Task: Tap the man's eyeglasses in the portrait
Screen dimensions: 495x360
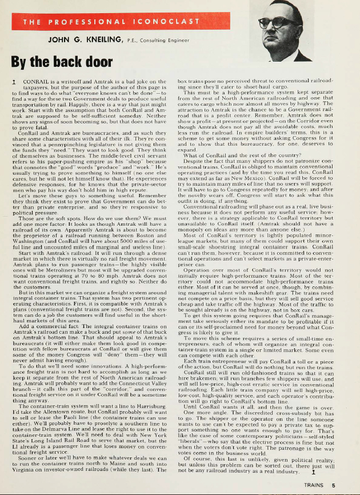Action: (276, 22)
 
